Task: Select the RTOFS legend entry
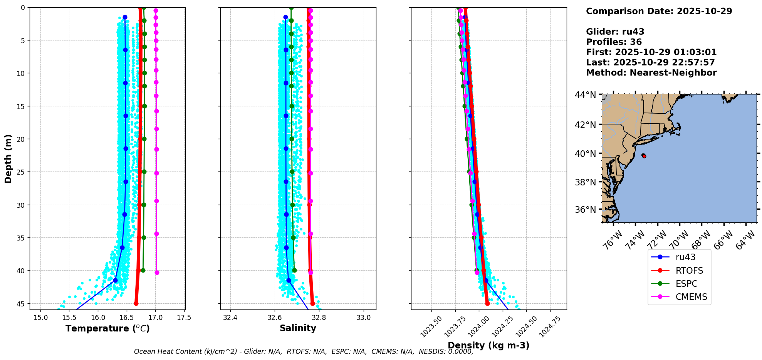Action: pos(689,271)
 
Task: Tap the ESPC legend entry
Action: pos(686,284)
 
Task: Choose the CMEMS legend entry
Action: pos(691,297)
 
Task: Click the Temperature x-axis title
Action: pos(107,328)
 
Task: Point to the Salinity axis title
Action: pos(298,328)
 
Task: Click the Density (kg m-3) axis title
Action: pos(488,345)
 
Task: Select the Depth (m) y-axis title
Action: pos(8,158)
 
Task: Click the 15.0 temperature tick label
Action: pos(40,318)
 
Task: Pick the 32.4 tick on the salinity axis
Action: pos(230,318)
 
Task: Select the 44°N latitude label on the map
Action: pos(585,95)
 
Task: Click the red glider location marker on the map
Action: pos(644,156)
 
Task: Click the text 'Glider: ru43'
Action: pos(615,32)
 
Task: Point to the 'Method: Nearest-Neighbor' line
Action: pos(651,72)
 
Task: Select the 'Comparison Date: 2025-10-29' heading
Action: pos(659,11)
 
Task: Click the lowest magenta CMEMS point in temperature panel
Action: pos(157,273)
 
